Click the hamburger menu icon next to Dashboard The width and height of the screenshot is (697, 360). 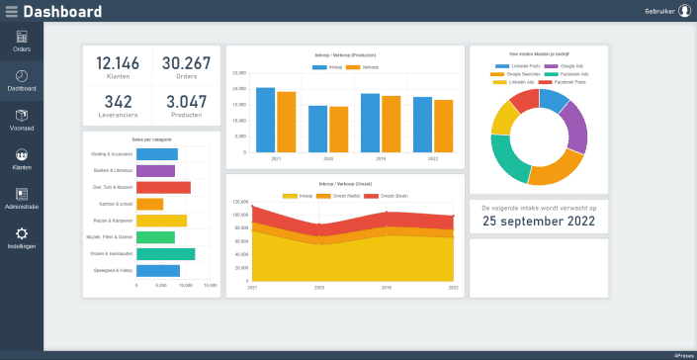[x=11, y=11]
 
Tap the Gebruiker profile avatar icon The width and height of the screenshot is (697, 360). [x=684, y=11]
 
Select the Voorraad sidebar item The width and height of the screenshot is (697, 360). [x=22, y=120]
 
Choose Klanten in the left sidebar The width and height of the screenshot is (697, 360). [x=22, y=159]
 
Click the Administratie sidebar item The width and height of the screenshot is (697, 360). [x=22, y=199]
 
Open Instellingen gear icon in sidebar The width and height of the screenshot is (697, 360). [x=22, y=237]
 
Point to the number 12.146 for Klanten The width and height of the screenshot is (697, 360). [x=118, y=63]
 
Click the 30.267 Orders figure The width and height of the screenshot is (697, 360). [x=186, y=63]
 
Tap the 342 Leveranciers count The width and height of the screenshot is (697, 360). [x=118, y=101]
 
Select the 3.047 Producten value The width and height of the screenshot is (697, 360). [x=186, y=101]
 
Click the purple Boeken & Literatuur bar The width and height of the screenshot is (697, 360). [x=155, y=171]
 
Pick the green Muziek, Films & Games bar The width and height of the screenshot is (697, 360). [x=155, y=237]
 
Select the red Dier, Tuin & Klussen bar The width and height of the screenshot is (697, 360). [x=163, y=187]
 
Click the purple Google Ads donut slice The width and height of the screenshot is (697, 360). [x=574, y=125]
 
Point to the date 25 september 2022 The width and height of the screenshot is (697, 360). [x=539, y=222]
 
